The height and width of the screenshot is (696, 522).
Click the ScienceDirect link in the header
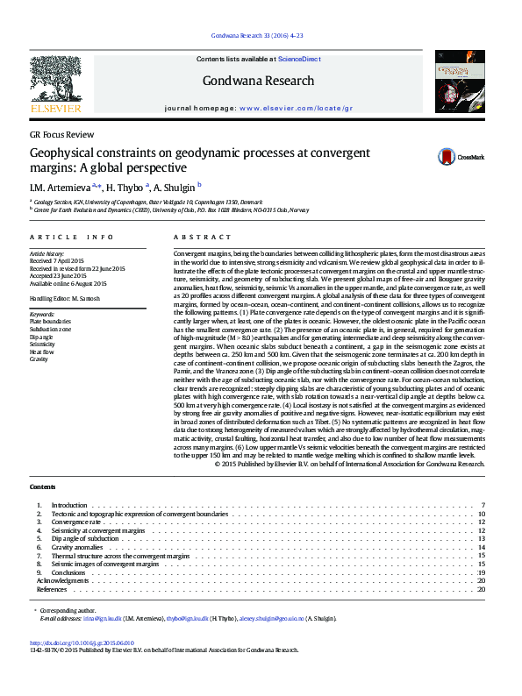(x=299, y=59)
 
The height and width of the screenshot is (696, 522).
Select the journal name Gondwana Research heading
(x=258, y=81)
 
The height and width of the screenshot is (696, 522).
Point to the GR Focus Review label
(x=61, y=135)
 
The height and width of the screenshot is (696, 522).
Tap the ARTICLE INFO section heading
(x=72, y=238)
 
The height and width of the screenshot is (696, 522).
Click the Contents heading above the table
(x=42, y=486)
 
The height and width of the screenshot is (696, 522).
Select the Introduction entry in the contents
(x=69, y=506)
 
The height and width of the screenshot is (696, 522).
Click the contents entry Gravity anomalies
(x=80, y=547)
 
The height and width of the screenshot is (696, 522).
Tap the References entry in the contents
(x=52, y=589)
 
